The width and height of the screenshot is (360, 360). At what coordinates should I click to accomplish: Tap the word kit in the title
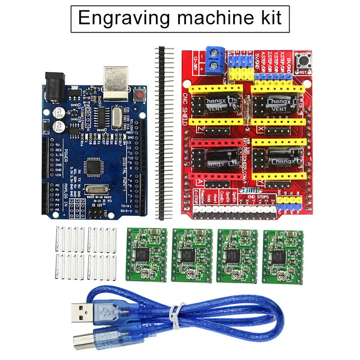coord(269,18)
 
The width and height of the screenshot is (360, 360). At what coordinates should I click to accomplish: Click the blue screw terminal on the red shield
coord(215,60)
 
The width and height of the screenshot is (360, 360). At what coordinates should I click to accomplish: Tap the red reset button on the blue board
coord(139,95)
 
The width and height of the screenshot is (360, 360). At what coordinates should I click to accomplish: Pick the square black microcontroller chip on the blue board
coord(96,166)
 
